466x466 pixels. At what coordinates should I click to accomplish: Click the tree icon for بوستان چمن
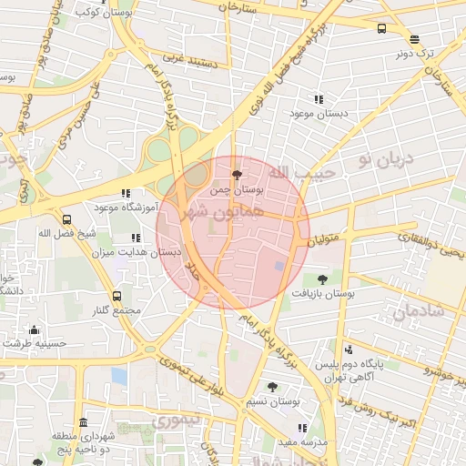tap(238, 175)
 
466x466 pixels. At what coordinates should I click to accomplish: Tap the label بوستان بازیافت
tap(322, 294)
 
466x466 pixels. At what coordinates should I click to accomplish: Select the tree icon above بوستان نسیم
tap(272, 387)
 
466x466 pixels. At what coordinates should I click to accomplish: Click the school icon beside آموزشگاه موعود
tap(126, 193)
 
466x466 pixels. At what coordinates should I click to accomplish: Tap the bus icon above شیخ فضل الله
tap(66, 219)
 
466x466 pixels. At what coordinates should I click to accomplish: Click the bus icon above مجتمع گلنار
tap(116, 296)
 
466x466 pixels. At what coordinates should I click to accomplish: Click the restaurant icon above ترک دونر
tap(415, 39)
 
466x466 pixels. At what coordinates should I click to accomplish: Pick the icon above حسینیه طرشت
tap(35, 329)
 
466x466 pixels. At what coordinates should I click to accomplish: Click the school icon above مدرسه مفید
tap(302, 427)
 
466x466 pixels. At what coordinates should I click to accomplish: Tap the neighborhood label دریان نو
tap(386, 160)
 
